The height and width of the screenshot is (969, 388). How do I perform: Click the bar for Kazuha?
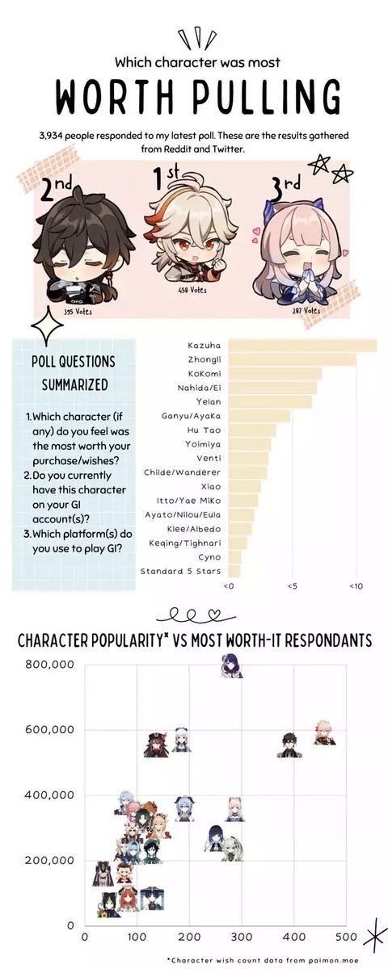coord(302,346)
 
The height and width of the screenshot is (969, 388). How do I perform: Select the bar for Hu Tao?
coord(252,430)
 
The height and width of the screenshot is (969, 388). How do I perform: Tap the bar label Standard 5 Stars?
coord(180,571)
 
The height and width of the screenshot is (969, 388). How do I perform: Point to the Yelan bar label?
coord(209,401)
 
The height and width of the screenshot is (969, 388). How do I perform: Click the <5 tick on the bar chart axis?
coord(292,586)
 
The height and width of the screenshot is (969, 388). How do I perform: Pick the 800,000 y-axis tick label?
coord(49,664)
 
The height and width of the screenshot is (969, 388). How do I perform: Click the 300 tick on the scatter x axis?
coord(242,938)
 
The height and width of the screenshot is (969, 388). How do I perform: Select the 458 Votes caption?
coord(192,290)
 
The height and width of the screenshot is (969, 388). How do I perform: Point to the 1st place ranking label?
coord(167,179)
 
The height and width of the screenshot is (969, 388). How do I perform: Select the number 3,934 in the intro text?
coord(51,136)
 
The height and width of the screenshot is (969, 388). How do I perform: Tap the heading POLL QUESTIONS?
coord(74,362)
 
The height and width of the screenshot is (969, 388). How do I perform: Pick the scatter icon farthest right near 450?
coord(324,732)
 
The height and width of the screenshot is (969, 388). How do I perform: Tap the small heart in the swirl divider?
coord(215,614)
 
